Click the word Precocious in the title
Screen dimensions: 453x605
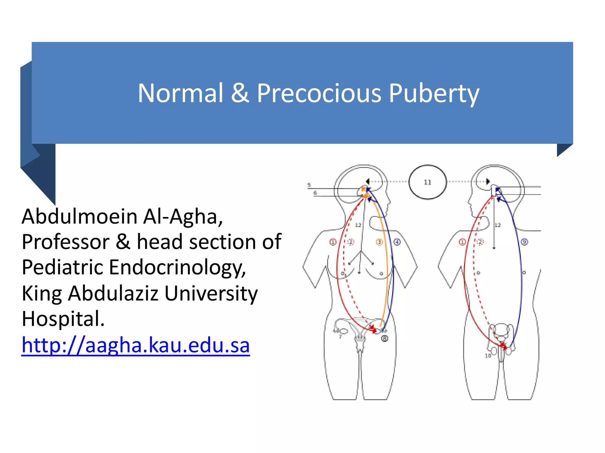319,93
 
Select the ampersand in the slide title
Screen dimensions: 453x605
240,93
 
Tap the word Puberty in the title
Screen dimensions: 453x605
434,93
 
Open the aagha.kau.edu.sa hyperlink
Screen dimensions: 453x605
136,345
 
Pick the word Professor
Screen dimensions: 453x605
66,242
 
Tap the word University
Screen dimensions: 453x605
211,293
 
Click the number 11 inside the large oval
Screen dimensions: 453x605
427,182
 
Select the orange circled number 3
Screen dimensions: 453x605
379,242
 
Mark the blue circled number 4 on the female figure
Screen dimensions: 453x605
397,242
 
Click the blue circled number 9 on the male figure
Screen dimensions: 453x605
524,242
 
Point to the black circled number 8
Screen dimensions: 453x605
384,339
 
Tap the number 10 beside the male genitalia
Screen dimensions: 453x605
488,356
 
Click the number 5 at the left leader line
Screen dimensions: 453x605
309,185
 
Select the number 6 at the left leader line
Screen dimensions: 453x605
315,193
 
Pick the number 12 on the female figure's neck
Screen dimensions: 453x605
358,225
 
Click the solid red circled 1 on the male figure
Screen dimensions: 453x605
462,242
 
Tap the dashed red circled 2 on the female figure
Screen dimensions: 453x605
351,242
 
